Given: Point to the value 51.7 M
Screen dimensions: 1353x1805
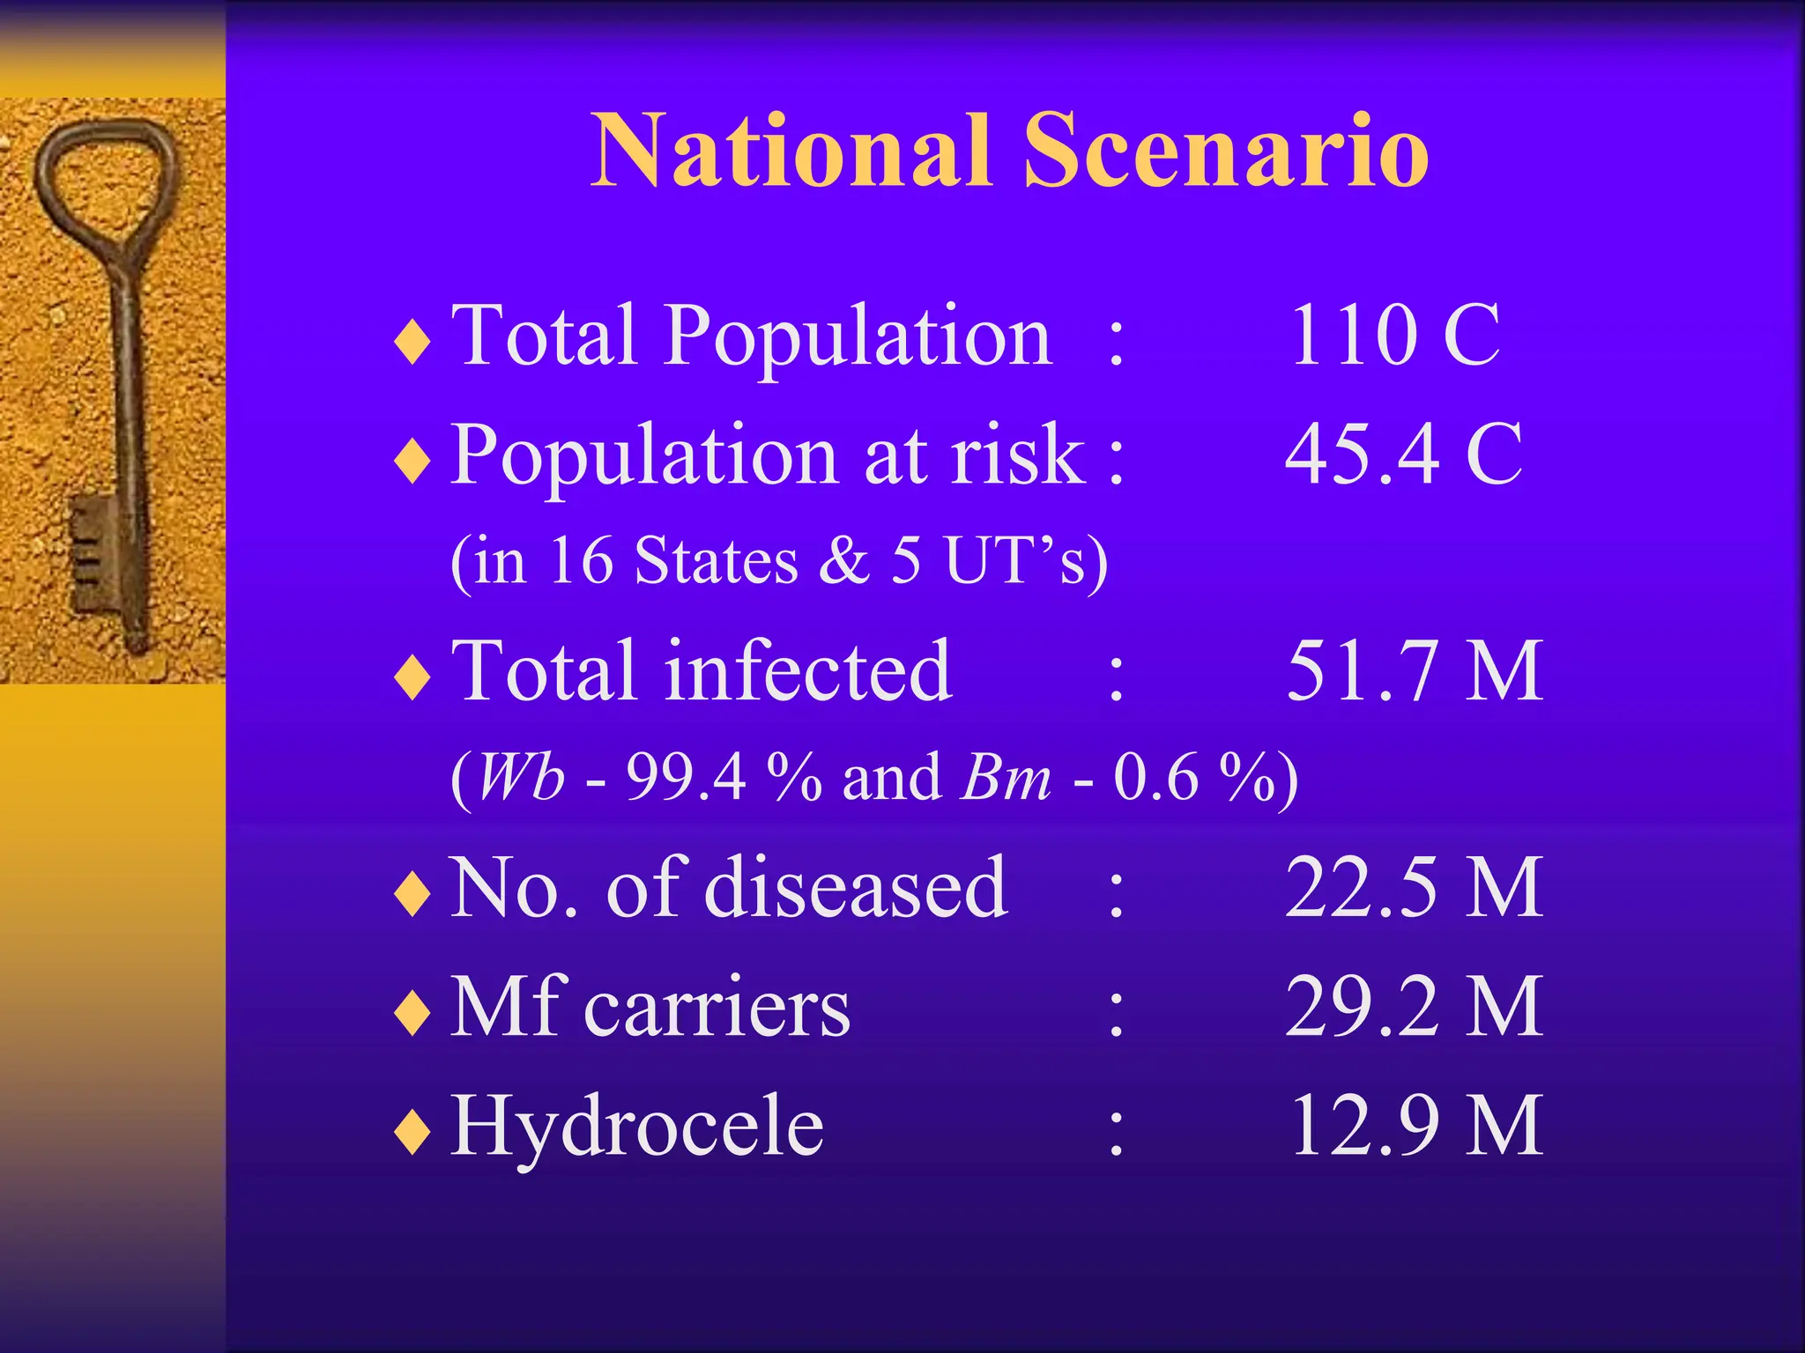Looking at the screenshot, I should (1414, 671).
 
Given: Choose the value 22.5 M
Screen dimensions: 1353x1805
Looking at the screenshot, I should (1414, 888).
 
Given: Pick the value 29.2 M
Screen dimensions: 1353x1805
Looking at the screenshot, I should (1414, 1007).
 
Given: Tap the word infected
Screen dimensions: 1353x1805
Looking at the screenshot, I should (807, 671).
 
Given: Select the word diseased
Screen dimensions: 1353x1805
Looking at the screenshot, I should (855, 888).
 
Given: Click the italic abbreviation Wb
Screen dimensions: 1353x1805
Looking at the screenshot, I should (520, 779).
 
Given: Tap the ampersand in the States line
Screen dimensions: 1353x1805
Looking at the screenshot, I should (843, 560).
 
